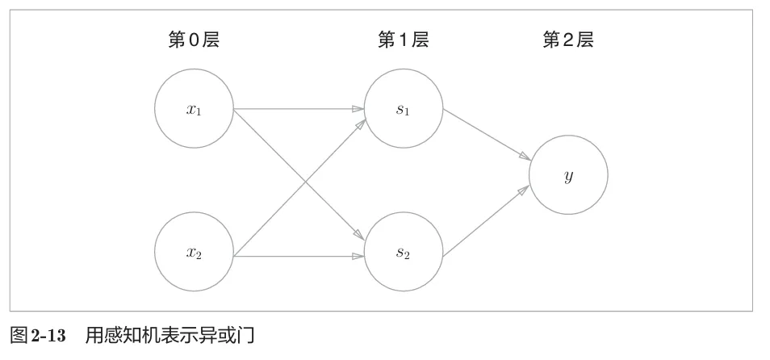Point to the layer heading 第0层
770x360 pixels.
(x=194, y=40)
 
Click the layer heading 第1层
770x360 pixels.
(x=403, y=40)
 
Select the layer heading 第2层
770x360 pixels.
(x=567, y=40)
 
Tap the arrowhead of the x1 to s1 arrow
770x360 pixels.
(x=358, y=109)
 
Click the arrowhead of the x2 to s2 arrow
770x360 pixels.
(x=358, y=256)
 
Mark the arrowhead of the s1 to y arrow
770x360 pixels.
(x=525, y=156)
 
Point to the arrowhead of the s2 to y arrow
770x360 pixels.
(x=524, y=190)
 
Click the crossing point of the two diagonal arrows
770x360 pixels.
(x=306, y=182)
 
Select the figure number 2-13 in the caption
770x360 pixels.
(x=48, y=337)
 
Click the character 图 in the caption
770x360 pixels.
(x=19, y=337)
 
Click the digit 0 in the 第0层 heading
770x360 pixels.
(x=194, y=40)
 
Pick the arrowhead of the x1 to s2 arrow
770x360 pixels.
(x=359, y=235)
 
